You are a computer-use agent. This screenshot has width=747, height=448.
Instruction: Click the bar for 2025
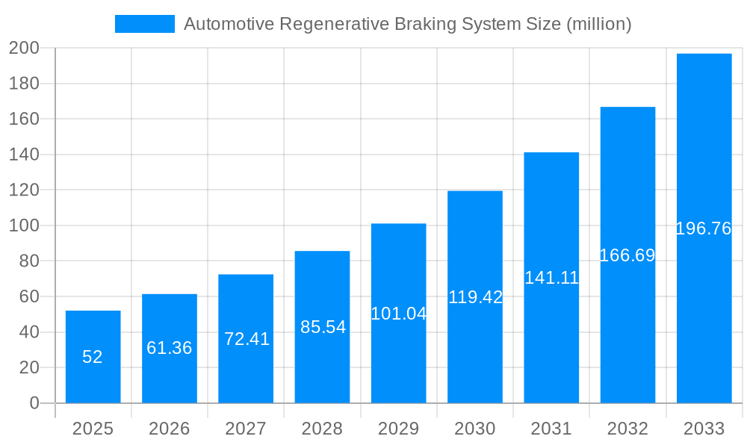point(93,357)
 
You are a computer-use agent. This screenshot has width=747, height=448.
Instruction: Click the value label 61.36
point(170,348)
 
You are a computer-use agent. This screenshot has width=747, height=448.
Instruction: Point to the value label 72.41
point(247,339)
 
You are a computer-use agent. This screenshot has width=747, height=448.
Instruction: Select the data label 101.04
point(399,314)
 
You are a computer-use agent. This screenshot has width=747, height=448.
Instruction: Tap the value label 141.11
point(551,278)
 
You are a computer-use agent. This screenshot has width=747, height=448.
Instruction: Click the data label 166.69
point(627,255)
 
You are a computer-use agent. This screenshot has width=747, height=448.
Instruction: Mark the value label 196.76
point(704,228)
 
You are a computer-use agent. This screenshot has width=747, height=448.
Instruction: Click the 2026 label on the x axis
point(170,429)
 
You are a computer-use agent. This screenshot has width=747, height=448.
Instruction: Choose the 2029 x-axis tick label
point(399,429)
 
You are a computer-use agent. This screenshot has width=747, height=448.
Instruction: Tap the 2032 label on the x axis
point(627,429)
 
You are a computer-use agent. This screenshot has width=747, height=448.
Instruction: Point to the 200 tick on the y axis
point(24,49)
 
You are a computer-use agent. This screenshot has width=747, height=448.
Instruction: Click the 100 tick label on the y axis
point(24,225)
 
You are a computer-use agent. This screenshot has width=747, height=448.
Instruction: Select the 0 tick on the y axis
point(34,403)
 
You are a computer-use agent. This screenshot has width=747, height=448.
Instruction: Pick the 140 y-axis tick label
point(24,155)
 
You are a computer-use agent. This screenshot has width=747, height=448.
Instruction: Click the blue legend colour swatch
point(144,24)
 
